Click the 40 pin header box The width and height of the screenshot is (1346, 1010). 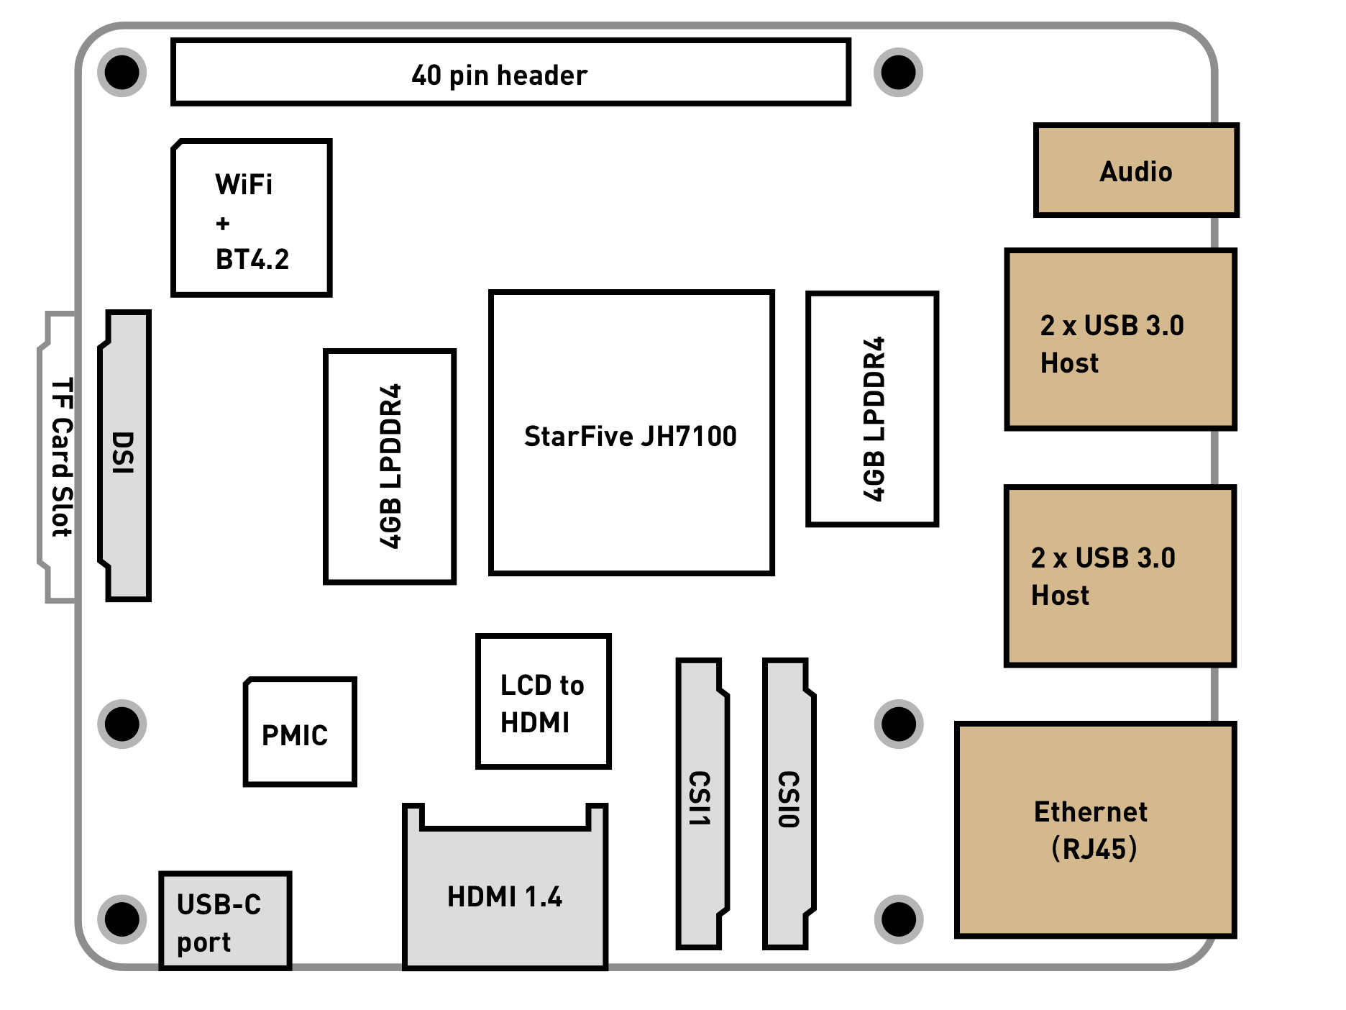pyautogui.click(x=511, y=73)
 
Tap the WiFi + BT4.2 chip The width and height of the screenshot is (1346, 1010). pyautogui.click(x=251, y=218)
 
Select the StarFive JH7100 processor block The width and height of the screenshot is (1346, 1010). pyautogui.click(x=631, y=433)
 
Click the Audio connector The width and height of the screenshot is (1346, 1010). pyautogui.click(x=1135, y=170)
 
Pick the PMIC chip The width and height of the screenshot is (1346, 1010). pyautogui.click(x=300, y=732)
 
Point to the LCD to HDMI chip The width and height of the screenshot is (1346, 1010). pyautogui.click(x=543, y=702)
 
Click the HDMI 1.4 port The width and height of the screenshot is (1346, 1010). pyautogui.click(x=505, y=896)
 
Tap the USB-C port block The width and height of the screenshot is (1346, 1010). pyautogui.click(x=224, y=921)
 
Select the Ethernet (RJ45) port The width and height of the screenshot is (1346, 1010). pyautogui.click(x=1093, y=830)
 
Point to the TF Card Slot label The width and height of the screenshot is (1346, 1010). pyautogui.click(x=61, y=458)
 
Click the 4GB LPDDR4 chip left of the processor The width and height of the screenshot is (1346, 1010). pyautogui.click(x=390, y=466)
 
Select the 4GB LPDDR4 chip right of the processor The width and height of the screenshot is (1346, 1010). pyautogui.click(x=872, y=409)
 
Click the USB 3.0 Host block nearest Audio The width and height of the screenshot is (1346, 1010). pyautogui.click(x=1119, y=340)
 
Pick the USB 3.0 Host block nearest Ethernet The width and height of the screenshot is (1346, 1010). pyautogui.click(x=1119, y=575)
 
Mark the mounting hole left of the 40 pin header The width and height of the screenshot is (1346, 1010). pyautogui.click(x=122, y=73)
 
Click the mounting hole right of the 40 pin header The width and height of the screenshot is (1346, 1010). pyautogui.click(x=898, y=73)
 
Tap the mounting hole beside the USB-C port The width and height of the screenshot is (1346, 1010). pyautogui.click(x=122, y=919)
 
